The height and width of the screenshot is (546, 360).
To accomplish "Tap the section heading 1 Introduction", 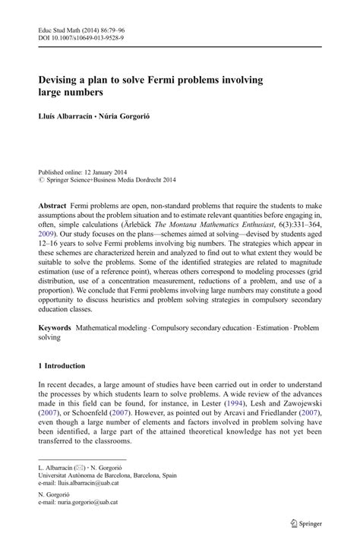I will click(x=68, y=366).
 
